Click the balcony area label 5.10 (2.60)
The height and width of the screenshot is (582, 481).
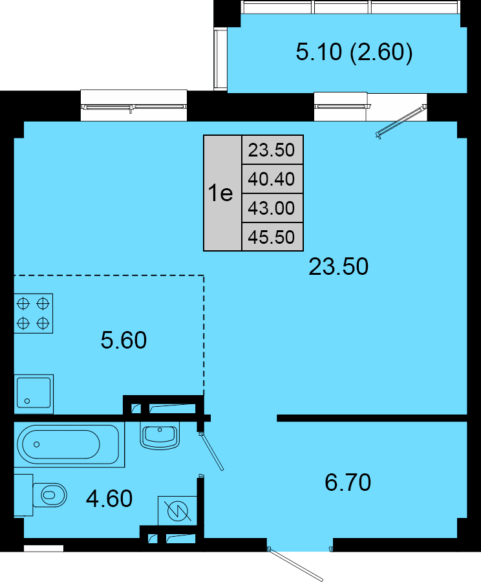tap(354, 52)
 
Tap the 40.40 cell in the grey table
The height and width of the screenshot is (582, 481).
tap(272, 179)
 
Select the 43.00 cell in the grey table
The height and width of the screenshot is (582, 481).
tap(272, 208)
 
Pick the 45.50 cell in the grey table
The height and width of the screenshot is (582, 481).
tap(272, 237)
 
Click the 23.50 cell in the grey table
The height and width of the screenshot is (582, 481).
tap(272, 150)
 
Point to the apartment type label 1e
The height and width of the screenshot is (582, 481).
tap(220, 193)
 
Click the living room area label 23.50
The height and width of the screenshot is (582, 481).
tap(339, 266)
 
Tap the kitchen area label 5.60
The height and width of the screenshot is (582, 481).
tap(123, 340)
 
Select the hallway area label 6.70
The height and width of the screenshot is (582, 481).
tap(348, 482)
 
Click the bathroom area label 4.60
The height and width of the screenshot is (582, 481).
tap(109, 499)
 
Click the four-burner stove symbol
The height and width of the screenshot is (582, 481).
tap(34, 314)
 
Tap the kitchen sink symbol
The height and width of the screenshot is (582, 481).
tap(34, 394)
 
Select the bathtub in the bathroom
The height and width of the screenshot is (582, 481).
tap(69, 444)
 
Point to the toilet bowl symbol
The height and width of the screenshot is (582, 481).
tap(50, 495)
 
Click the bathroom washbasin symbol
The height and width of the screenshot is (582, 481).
tap(160, 436)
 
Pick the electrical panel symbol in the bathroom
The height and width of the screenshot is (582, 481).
tap(177, 511)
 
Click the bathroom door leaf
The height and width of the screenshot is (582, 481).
tap(211, 451)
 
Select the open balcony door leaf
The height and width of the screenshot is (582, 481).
tap(401, 122)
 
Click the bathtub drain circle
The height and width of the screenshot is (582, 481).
tap(36, 444)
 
